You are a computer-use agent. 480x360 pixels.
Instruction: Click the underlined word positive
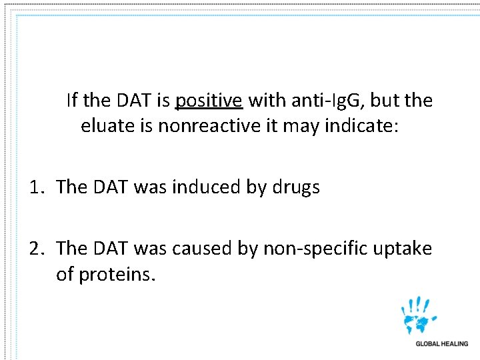point(209,101)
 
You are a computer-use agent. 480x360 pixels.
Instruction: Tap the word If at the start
point(73,101)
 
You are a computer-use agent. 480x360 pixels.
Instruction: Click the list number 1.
point(36,188)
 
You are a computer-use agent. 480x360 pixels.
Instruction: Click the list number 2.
point(36,249)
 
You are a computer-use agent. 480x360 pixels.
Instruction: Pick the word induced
point(207,188)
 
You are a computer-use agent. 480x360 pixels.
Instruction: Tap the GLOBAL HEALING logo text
point(441,344)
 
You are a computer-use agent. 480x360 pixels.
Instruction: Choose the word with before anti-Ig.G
point(267,101)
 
